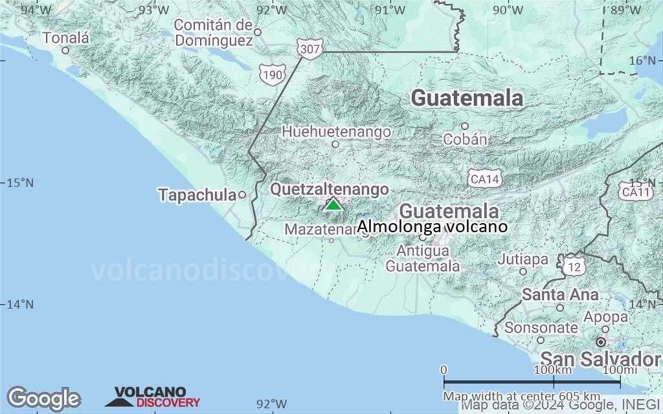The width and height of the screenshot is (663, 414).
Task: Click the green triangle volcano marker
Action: (333, 205)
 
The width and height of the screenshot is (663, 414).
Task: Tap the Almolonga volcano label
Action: (432, 226)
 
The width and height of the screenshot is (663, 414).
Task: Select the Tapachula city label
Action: (197, 194)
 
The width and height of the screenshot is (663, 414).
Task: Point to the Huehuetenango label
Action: (336, 132)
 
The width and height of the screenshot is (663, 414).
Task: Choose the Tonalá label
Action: (66, 38)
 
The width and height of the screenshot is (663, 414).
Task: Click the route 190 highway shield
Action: (272, 75)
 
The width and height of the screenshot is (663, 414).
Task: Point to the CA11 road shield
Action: (635, 192)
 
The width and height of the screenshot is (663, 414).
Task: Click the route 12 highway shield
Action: (572, 266)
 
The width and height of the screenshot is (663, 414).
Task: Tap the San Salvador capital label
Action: (600, 359)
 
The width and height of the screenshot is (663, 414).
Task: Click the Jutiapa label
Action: (523, 259)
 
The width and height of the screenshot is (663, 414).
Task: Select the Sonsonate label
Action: (541, 327)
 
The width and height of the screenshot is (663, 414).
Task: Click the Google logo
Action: (43, 398)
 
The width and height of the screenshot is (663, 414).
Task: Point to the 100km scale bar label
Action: (554, 369)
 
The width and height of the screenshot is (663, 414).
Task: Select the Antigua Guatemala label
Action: (423, 258)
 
